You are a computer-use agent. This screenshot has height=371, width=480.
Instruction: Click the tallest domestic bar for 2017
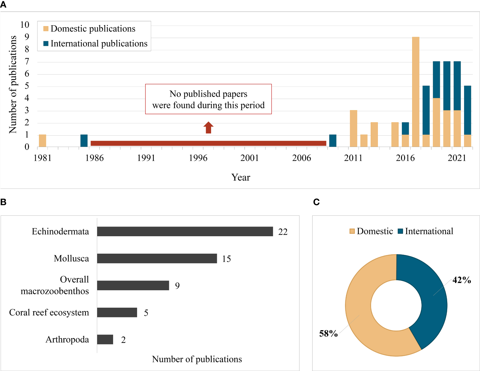click(x=416, y=92)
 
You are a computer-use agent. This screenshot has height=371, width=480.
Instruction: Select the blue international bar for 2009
click(x=333, y=141)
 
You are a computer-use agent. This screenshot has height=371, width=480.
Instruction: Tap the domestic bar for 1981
click(x=42, y=141)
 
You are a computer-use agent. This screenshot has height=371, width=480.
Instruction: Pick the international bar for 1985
click(x=84, y=141)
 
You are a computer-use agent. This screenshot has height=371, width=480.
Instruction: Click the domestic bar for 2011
click(x=354, y=129)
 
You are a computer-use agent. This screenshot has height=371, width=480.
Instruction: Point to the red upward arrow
click(x=208, y=127)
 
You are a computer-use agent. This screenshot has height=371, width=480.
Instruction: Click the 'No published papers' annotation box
click(x=208, y=99)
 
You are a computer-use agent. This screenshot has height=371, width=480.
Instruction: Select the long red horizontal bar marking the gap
click(x=208, y=143)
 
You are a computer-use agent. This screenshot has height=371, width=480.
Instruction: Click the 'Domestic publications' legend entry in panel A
click(x=90, y=29)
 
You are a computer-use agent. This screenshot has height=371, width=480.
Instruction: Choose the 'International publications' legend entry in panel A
click(x=95, y=44)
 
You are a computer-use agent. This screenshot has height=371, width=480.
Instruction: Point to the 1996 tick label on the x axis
click(x=198, y=158)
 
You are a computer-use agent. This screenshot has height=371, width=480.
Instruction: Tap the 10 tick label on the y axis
click(x=25, y=25)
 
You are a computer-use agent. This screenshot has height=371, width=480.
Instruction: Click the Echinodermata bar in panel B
click(x=185, y=232)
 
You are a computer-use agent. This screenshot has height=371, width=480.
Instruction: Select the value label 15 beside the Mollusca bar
click(x=226, y=259)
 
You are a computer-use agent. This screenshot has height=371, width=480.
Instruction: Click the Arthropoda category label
click(x=67, y=339)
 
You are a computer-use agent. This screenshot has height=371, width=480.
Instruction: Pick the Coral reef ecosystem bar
click(x=117, y=312)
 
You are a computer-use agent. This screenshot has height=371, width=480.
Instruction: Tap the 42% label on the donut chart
click(x=462, y=280)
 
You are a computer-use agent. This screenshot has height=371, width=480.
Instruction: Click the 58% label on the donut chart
click(x=328, y=334)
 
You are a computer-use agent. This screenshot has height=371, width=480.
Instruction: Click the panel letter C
click(x=316, y=202)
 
